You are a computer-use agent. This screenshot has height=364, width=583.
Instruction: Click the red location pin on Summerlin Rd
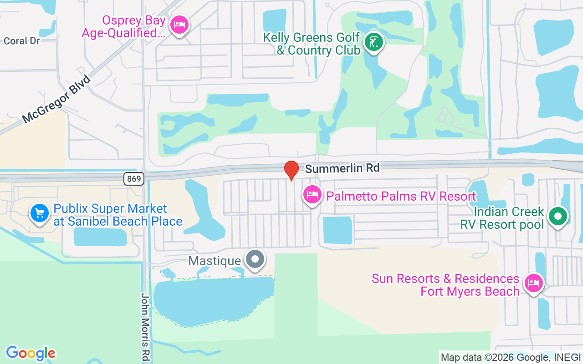click(291, 170)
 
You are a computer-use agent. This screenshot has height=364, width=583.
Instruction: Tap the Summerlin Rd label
click(342, 168)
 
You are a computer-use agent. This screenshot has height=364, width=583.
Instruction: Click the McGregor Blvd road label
click(56, 99)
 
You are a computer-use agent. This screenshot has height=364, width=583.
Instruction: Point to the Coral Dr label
click(22, 41)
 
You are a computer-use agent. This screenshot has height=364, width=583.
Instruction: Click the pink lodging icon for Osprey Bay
click(179, 25)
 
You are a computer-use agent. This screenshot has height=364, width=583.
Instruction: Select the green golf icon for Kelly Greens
click(374, 43)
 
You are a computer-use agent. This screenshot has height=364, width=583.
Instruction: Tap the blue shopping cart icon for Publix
click(40, 213)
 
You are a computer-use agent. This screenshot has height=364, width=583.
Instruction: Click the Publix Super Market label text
click(118, 215)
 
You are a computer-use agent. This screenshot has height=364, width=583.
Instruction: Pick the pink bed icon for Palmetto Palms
click(312, 195)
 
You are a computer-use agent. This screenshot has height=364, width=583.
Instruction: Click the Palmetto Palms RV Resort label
click(401, 196)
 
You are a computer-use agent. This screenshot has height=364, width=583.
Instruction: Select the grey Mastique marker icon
click(255, 259)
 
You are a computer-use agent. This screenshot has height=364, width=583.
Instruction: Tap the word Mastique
click(215, 261)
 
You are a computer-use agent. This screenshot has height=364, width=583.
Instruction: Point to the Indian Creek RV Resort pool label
click(502, 218)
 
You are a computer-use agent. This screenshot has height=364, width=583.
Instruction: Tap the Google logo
click(31, 353)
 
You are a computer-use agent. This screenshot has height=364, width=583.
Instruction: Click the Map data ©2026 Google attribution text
click(510, 357)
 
